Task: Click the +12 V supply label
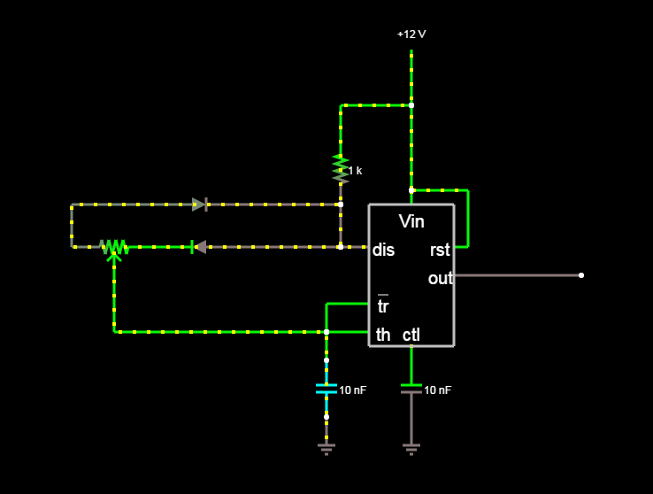[411, 35]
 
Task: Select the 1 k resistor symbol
[341, 169]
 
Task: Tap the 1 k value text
[355, 171]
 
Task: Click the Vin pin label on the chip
[411, 221]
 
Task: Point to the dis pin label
[383, 250]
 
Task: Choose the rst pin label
[440, 250]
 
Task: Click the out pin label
[440, 278]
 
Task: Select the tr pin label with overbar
[383, 305]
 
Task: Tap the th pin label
[383, 335]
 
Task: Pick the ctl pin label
[411, 335]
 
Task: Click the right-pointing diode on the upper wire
[200, 205]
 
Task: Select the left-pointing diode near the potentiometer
[199, 247]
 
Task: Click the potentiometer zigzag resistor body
[114, 247]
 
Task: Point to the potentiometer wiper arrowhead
[114, 258]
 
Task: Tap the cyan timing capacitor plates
[326, 389]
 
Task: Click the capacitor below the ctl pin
[411, 389]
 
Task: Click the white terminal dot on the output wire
[581, 275]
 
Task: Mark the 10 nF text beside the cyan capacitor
[353, 390]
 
